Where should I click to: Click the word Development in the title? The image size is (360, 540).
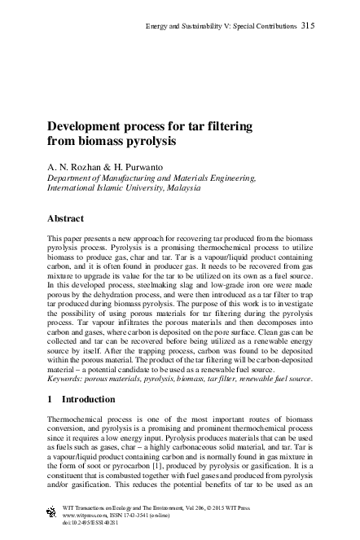[94, 128]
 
